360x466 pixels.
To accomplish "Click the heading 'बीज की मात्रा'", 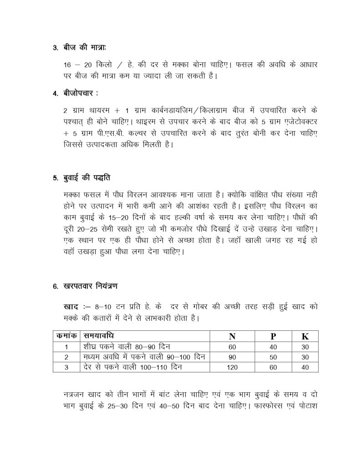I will (85, 48).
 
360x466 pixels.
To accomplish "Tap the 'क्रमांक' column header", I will (66, 336).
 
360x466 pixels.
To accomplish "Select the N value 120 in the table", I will (232, 366).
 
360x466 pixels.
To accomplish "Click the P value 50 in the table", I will (273, 356).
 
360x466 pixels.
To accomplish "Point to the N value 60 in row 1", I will (232, 346).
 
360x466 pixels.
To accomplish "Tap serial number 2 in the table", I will (66, 356).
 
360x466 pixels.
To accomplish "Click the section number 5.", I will (55, 178).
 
